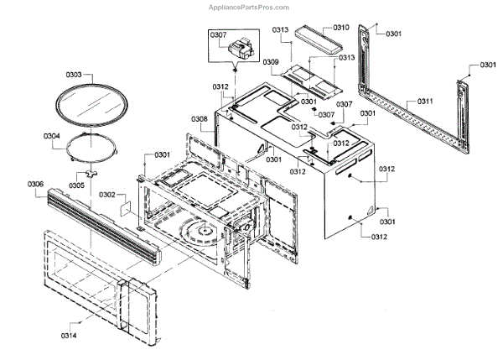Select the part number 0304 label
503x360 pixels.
[52, 134]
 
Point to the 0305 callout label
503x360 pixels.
[76, 185]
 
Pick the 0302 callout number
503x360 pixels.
[106, 195]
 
